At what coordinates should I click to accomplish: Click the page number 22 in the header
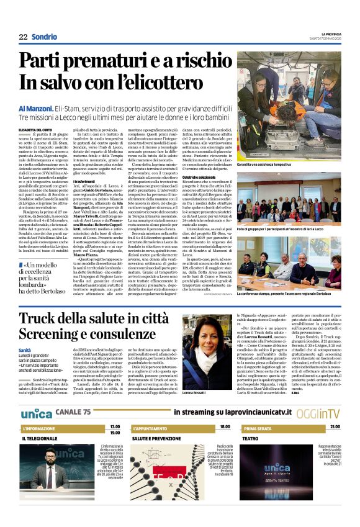(23, 37)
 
